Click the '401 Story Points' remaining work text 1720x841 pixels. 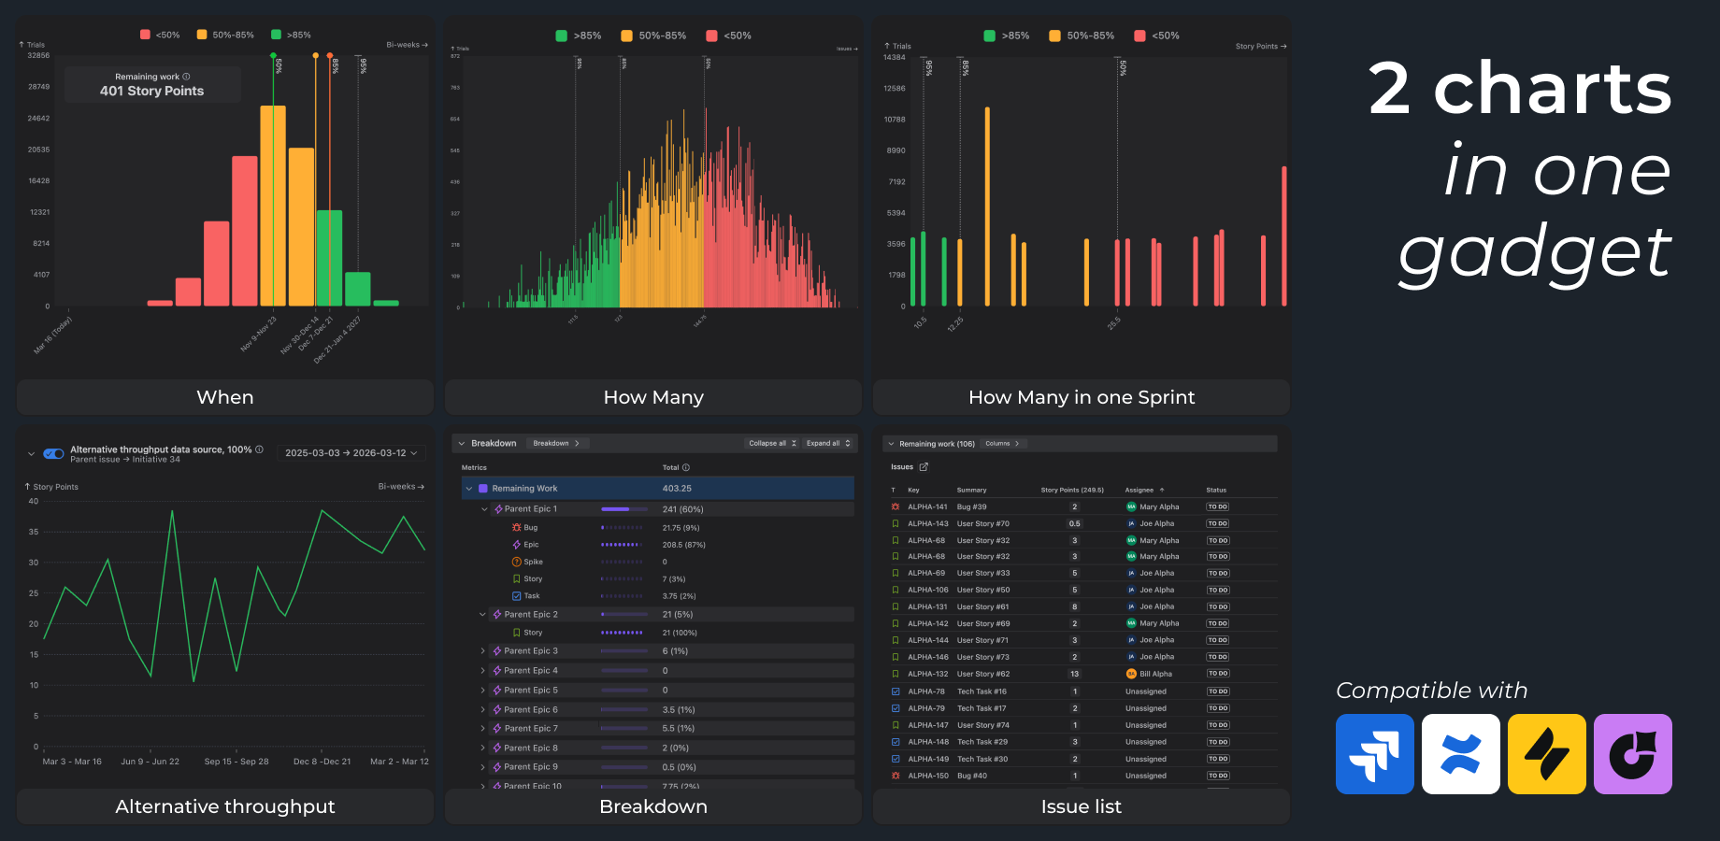click(x=151, y=92)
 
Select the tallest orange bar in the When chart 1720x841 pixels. click(x=273, y=206)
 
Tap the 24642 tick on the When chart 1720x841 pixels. click(x=38, y=119)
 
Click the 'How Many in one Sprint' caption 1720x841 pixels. click(x=1081, y=397)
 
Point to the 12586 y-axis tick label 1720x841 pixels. click(x=894, y=89)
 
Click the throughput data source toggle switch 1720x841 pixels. click(x=54, y=453)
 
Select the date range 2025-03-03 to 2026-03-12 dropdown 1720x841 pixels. click(x=351, y=453)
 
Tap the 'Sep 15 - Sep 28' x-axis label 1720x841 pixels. click(x=236, y=762)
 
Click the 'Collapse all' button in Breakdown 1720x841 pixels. click(x=772, y=443)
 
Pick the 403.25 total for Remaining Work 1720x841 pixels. click(x=677, y=489)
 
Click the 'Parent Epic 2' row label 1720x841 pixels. click(x=530, y=615)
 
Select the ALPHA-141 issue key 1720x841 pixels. click(x=927, y=507)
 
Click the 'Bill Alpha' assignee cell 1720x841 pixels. click(x=1154, y=674)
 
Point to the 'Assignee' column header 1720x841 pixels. click(x=1139, y=490)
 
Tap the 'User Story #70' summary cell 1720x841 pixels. click(x=982, y=524)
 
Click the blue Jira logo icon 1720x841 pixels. click(x=1374, y=754)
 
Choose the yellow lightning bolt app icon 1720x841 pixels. click(x=1546, y=754)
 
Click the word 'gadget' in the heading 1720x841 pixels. click(x=1534, y=252)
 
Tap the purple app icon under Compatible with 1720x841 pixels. click(x=1632, y=754)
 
